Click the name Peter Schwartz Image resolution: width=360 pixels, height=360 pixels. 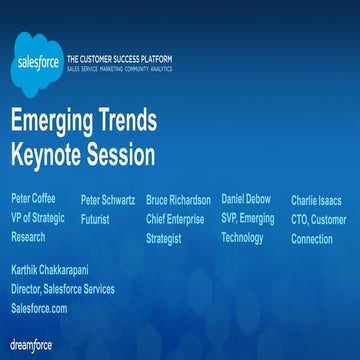pyautogui.click(x=108, y=199)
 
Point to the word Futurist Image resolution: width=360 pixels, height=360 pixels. pyautogui.click(x=95, y=218)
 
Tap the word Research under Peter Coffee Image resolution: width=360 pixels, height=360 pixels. pyautogui.click(x=28, y=237)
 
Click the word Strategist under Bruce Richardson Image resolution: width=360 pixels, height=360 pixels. pyautogui.click(x=166, y=239)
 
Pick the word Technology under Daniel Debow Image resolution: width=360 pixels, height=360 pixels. pyautogui.click(x=242, y=237)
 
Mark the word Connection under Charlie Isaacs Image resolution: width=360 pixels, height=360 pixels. pyautogui.click(x=312, y=239)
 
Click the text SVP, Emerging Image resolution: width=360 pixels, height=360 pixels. pyautogui.click(x=247, y=218)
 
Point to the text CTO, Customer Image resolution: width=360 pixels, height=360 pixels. pyautogui.click(x=318, y=219)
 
